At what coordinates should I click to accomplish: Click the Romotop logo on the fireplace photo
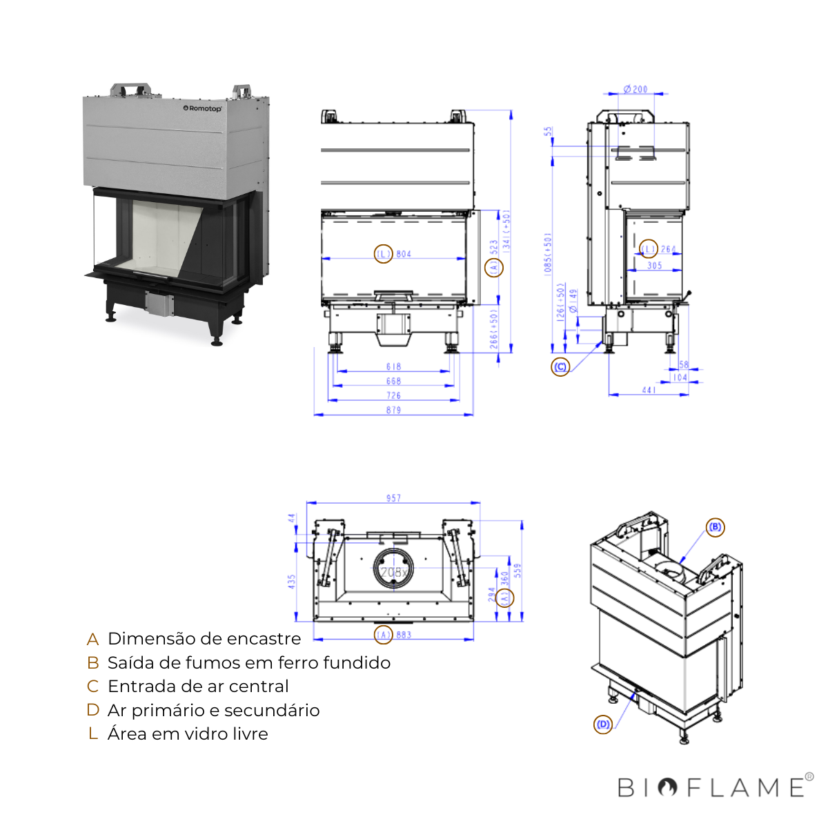(202, 108)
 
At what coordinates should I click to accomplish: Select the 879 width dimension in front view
(393, 410)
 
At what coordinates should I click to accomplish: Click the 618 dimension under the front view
(393, 366)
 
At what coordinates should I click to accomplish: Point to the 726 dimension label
(393, 395)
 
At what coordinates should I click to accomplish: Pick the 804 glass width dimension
(404, 254)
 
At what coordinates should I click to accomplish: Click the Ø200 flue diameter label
(635, 89)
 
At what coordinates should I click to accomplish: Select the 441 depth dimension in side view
(649, 390)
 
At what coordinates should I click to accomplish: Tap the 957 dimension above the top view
(393, 497)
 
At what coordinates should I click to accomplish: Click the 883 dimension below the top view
(404, 634)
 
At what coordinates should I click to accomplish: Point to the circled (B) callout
(716, 527)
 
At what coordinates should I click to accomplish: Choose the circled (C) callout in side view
(560, 367)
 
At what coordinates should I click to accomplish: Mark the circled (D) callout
(603, 724)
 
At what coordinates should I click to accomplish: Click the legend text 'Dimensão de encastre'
(204, 639)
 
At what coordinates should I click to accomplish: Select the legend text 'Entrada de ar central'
(198, 687)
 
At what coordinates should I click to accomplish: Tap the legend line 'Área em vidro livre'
(188, 734)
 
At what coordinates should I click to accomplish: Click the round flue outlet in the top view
(393, 571)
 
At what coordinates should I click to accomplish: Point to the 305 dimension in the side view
(654, 266)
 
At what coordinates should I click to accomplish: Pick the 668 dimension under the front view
(393, 381)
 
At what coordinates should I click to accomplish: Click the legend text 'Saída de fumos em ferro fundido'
(249, 663)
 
